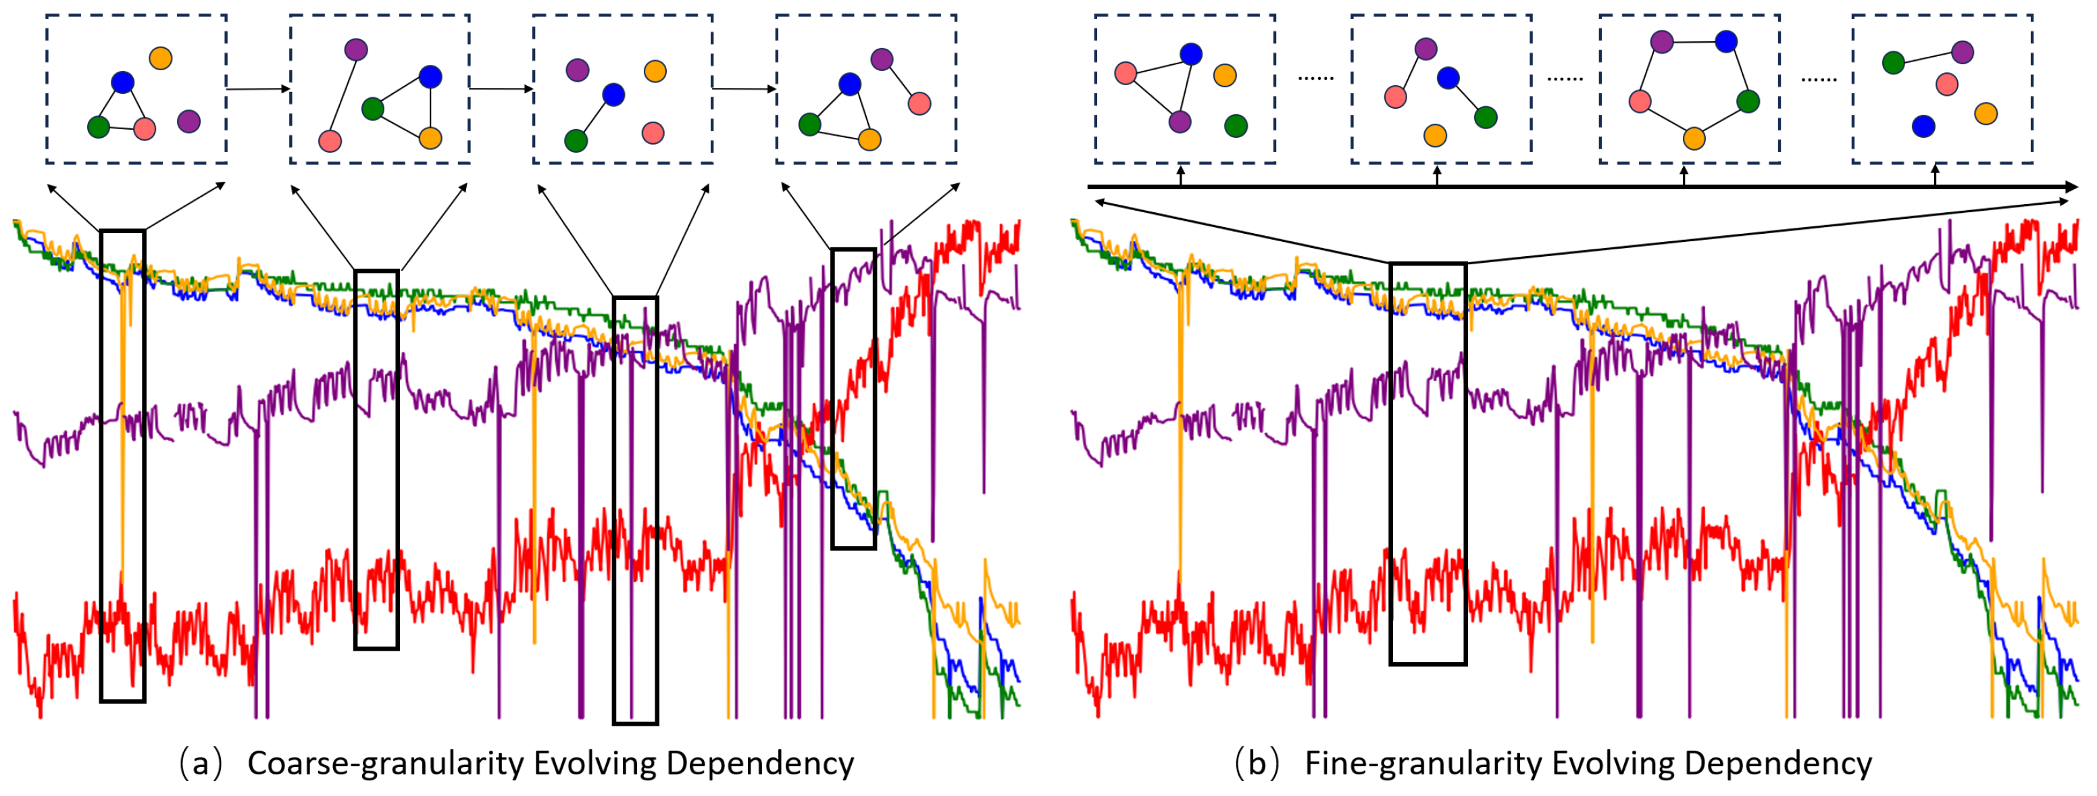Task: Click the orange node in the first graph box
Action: pos(160,58)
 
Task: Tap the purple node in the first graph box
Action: pos(189,121)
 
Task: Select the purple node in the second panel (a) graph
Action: pos(356,49)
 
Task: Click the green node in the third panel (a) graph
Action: pos(576,140)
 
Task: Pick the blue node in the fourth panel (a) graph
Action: pos(850,84)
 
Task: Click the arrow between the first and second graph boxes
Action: pos(258,88)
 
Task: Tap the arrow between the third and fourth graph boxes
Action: pos(744,88)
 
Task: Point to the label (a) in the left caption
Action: pos(199,764)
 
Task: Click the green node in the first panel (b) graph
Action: pos(1236,125)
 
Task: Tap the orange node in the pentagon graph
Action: pos(1694,139)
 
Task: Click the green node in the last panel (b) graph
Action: pos(1894,62)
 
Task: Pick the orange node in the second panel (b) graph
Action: pos(1435,135)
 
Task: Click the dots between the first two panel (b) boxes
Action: pos(1315,78)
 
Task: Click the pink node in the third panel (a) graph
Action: pos(653,132)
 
